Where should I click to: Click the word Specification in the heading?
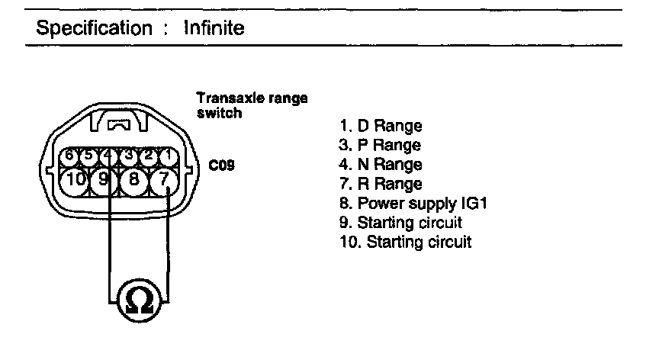coord(95,30)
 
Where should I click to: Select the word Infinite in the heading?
coord(214,30)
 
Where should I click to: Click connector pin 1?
coord(169,156)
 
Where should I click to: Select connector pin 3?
coord(130,156)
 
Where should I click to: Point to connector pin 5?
coord(88,156)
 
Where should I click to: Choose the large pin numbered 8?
coord(133,181)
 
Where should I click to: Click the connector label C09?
coord(220,164)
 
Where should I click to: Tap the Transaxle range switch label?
coord(252,105)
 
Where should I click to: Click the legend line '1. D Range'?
coord(379,126)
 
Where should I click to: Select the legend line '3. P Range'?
coord(379,145)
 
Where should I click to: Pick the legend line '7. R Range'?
coord(379,184)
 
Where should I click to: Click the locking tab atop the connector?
coord(119,121)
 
